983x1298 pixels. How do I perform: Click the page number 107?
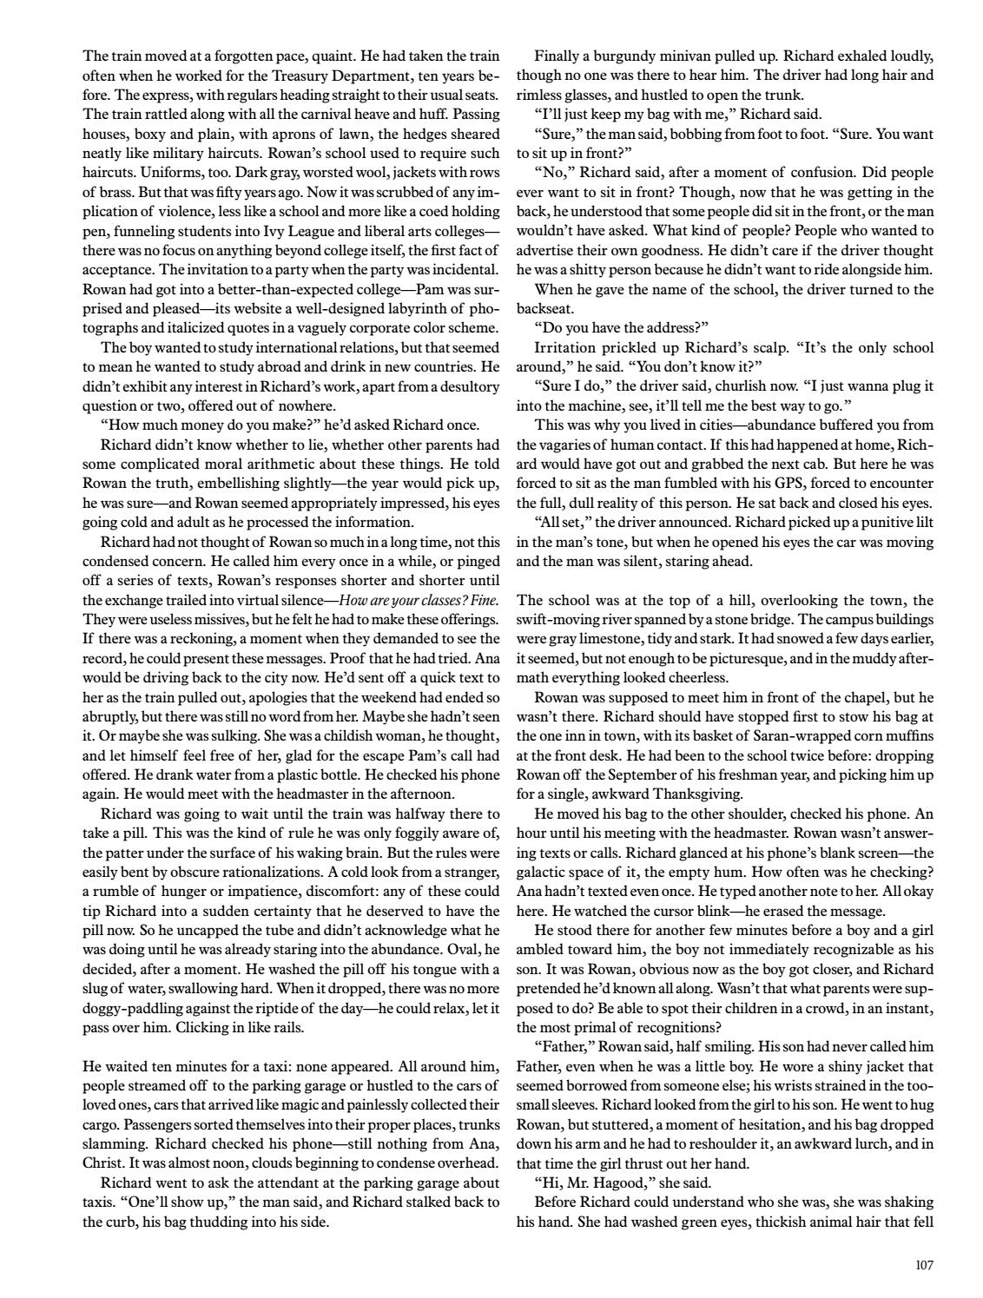[924, 1265]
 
